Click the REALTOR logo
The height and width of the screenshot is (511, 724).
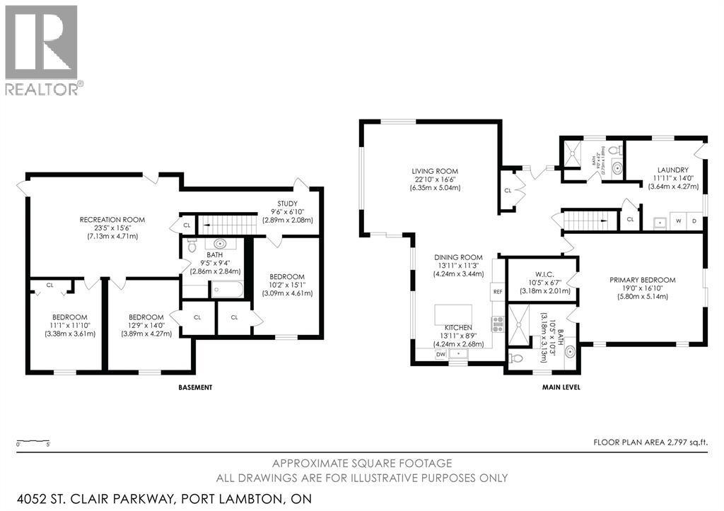pos(42,49)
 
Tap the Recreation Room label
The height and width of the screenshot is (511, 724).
pos(112,220)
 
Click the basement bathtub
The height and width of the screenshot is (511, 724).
pos(226,290)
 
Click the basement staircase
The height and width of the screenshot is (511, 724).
pos(225,224)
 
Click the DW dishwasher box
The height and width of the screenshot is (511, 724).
pos(441,353)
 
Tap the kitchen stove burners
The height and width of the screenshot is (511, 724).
pos(497,324)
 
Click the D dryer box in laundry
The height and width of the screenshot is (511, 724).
pos(695,221)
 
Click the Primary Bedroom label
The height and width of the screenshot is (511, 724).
pos(642,280)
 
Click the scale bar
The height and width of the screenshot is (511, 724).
pos(32,442)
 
